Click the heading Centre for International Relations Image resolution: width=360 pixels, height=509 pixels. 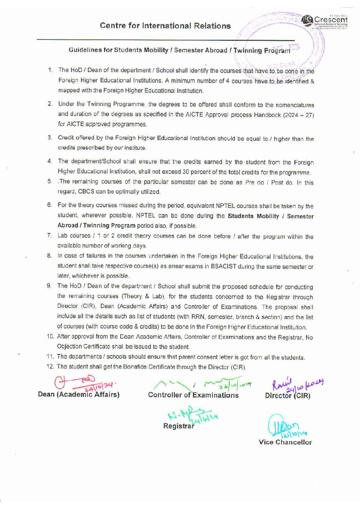tap(165, 26)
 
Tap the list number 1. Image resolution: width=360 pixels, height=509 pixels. tap(50, 70)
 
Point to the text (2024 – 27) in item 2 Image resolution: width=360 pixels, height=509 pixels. tap(298, 115)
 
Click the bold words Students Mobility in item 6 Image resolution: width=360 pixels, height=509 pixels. tap(253, 216)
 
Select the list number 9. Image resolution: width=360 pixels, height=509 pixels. tap(49, 286)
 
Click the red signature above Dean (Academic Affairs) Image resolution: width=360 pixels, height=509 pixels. tap(82, 383)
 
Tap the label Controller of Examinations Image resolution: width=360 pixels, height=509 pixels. tap(193, 395)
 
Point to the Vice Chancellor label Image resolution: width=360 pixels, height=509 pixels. tap(285, 442)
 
